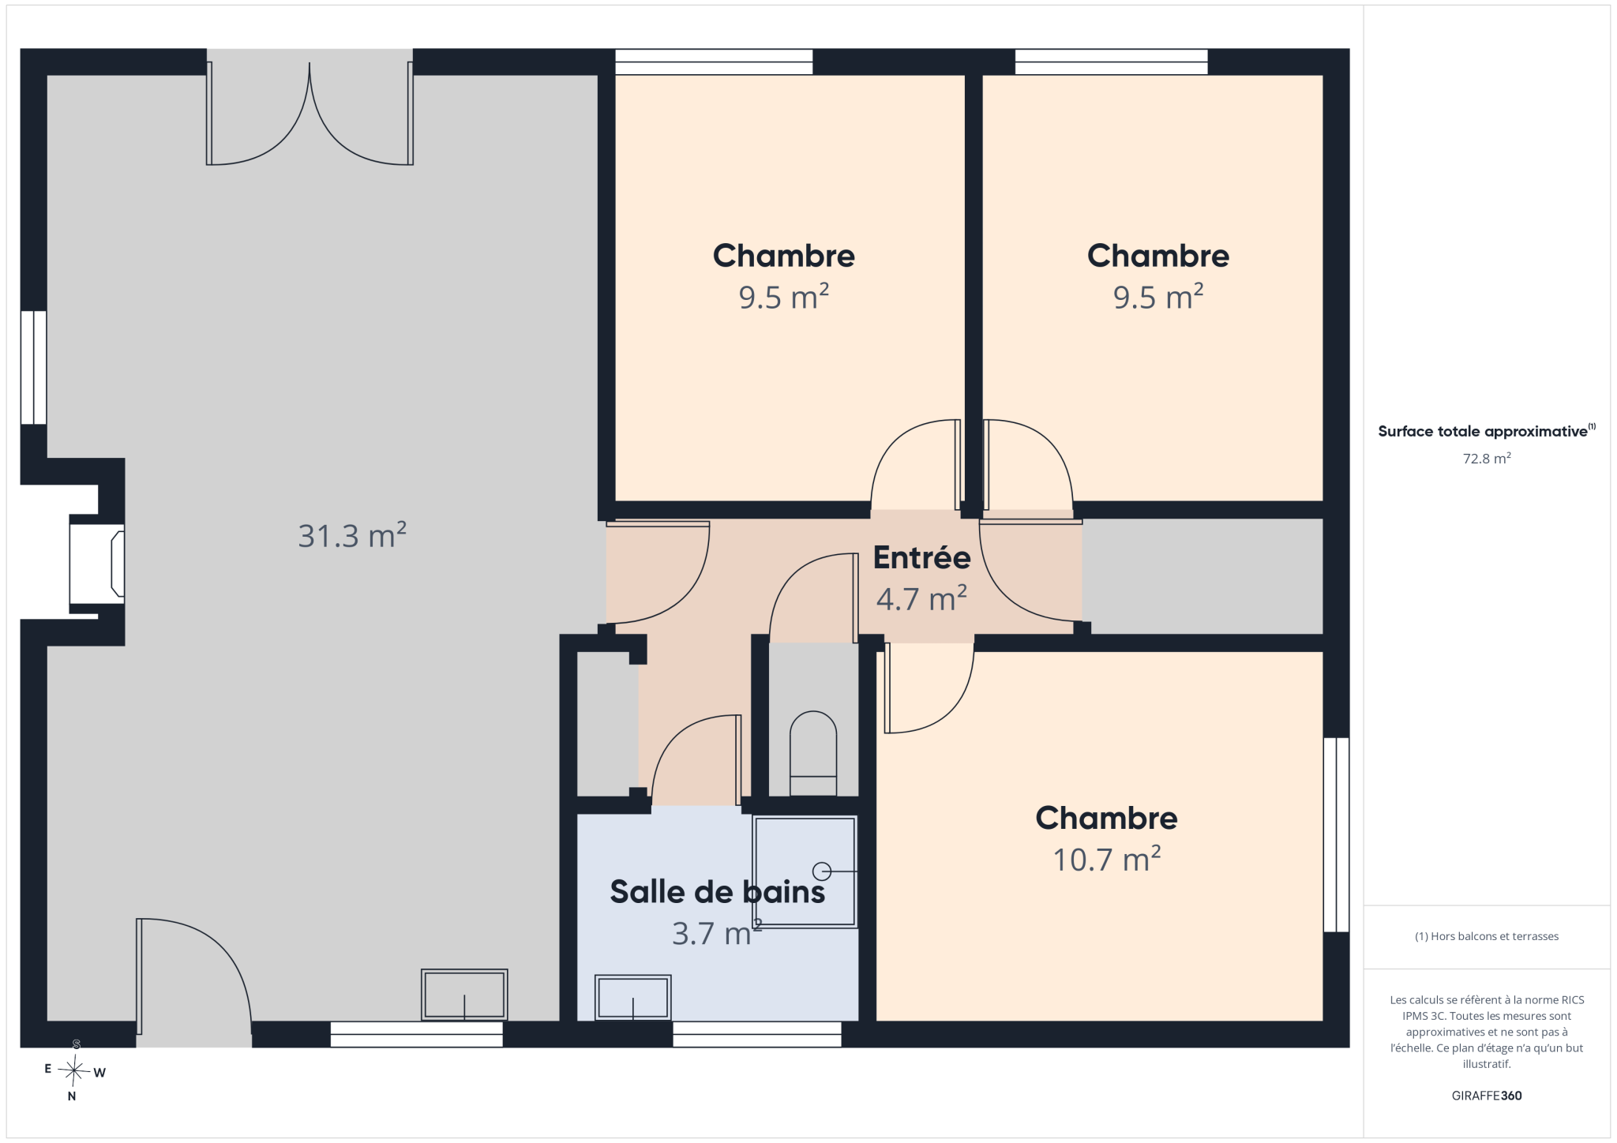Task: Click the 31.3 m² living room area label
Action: [x=352, y=535]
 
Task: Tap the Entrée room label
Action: [x=921, y=557]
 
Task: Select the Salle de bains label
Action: [x=717, y=891]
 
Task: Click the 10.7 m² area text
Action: [x=1106, y=859]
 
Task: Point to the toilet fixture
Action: [x=813, y=754]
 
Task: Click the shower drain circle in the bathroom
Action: [x=822, y=871]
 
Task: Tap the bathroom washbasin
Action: [x=633, y=997]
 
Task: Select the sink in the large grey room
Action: [x=464, y=995]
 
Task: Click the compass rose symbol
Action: [x=75, y=1070]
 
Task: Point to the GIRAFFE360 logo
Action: [x=1487, y=1096]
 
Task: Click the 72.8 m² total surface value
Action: [x=1487, y=459]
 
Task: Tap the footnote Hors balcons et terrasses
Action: [x=1487, y=936]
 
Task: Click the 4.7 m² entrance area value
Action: [x=921, y=598]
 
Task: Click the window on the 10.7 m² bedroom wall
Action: [x=1337, y=834]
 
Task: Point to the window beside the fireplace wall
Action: [x=33, y=368]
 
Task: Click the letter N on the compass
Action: [x=72, y=1096]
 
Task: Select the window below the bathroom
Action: [x=757, y=1034]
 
